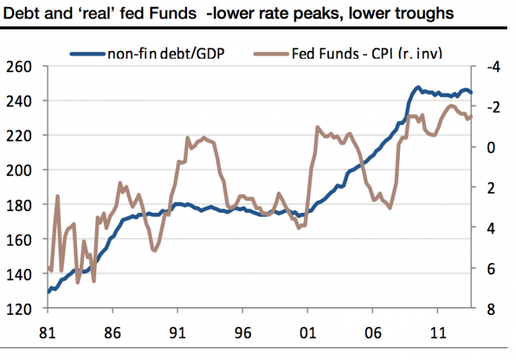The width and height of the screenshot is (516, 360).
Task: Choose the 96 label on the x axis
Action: pos(243,336)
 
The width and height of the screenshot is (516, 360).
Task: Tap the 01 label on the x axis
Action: pos(307,336)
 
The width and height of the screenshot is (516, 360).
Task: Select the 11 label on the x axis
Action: pos(437,336)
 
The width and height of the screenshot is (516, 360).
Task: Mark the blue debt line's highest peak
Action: pos(418,87)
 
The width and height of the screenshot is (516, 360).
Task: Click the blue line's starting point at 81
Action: pos(48,292)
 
